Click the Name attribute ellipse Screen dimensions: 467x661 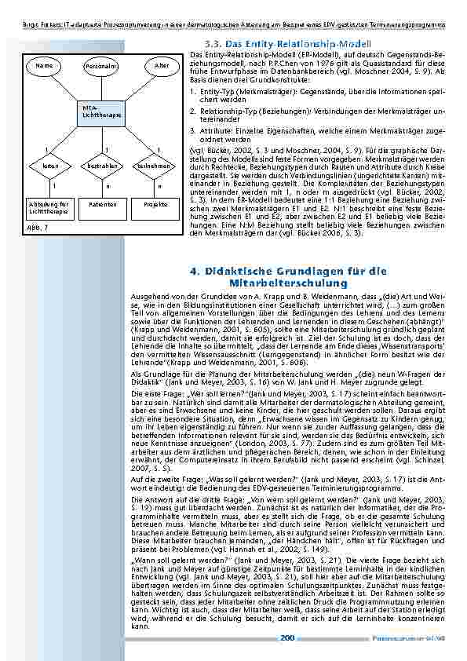pos(45,65)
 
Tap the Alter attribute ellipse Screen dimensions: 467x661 pos(162,65)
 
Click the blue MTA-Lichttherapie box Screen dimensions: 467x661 pos(103,112)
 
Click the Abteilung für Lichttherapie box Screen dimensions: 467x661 pos(44,207)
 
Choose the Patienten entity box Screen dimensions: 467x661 pos(103,204)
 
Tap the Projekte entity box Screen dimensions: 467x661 pos(158,204)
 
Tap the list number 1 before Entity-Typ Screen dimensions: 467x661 pos(192,91)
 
